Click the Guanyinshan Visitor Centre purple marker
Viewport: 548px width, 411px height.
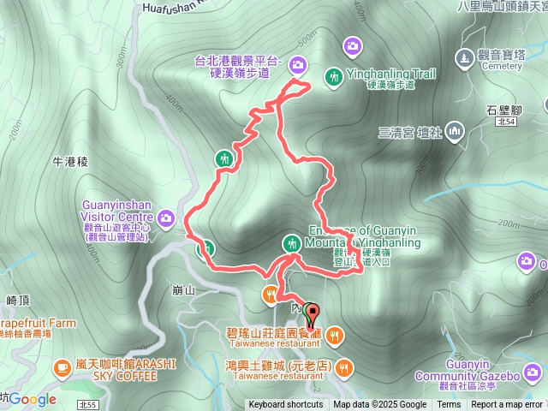165,217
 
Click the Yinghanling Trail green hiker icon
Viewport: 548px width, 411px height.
333,77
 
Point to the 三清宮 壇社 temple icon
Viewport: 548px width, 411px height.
454,132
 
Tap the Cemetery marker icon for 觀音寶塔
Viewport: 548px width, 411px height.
465,58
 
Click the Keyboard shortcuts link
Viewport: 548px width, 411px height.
286,405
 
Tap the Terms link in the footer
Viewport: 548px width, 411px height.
449,405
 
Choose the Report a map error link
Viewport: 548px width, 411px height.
506,405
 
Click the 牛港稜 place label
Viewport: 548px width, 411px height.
70,161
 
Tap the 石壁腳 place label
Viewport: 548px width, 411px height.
503,110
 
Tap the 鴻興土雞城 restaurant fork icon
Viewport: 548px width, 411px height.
344,368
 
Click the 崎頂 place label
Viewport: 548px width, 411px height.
18,300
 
